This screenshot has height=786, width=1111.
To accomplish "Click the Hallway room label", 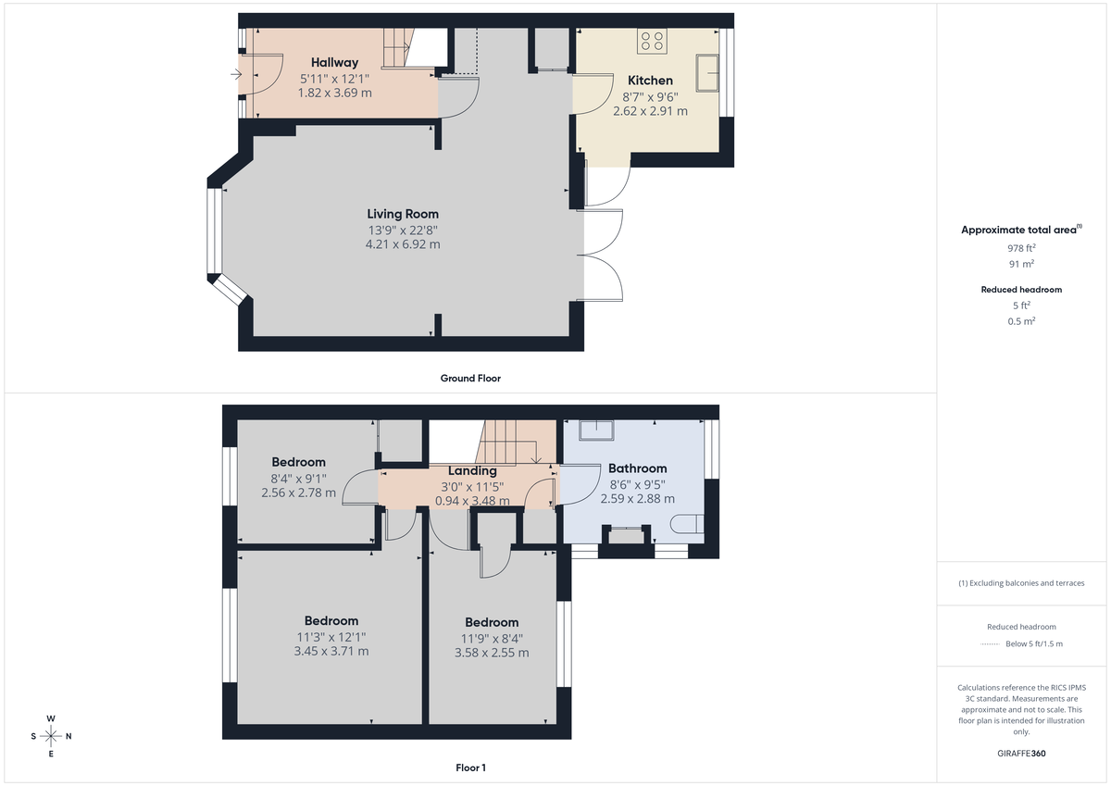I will pos(334,62).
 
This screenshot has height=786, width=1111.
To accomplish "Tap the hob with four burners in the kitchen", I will pos(652,41).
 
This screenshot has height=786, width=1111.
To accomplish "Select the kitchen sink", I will pos(710,72).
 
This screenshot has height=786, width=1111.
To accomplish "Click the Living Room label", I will pos(403,214).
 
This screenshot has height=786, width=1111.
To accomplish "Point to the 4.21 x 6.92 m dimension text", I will pos(403,245).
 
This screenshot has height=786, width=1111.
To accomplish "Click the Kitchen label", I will pos(650,81).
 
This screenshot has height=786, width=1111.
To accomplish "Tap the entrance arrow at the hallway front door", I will pos(236,74).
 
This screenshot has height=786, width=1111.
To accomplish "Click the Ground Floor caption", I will pos(470,378).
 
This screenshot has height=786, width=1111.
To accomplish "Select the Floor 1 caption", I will pos(470,767).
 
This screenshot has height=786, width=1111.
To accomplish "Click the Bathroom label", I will pos(637,468).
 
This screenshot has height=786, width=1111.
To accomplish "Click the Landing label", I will pos(472,470).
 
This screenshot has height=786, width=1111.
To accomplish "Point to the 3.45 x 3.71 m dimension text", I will pos(331,652).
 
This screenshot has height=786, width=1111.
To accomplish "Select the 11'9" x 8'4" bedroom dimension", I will pos(492,638).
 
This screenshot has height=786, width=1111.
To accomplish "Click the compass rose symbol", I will pos(51,736).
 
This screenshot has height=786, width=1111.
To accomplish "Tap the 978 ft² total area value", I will pos(1022,248).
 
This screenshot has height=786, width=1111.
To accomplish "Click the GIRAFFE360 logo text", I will pos(1022,754).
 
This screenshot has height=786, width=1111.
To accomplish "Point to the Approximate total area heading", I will pos(1019,230).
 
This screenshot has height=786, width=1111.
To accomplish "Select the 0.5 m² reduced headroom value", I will pos(1022,321).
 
